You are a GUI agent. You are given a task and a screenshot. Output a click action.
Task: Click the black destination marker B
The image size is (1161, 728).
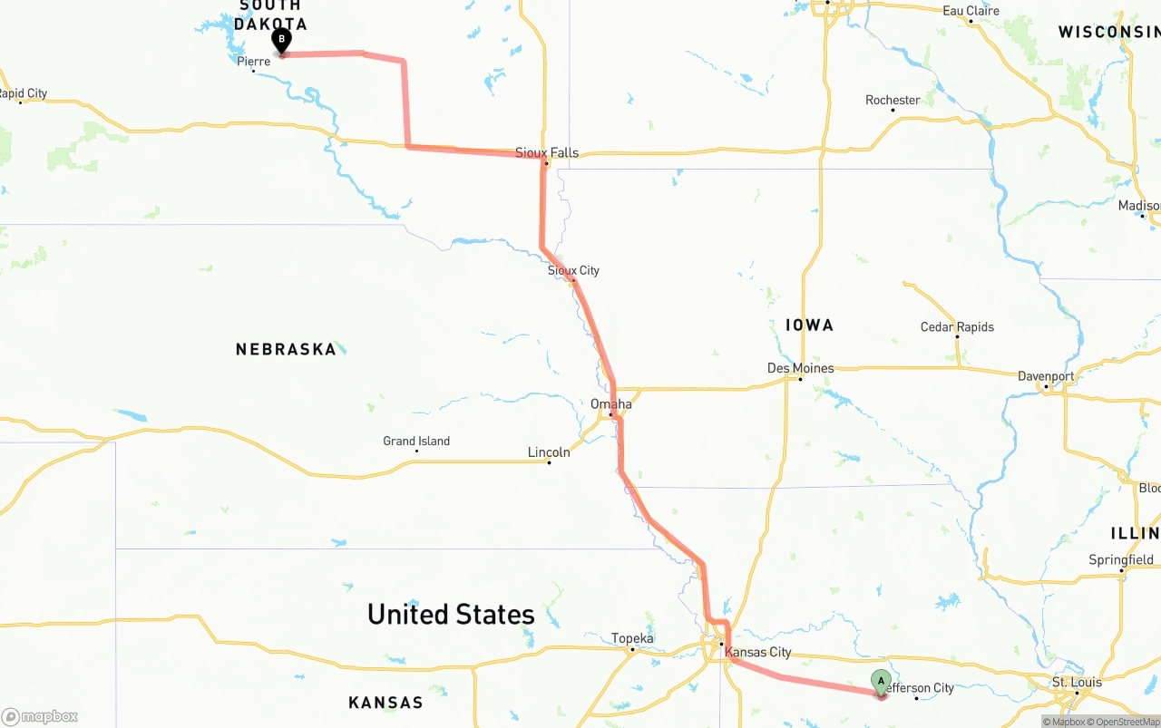point(281,40)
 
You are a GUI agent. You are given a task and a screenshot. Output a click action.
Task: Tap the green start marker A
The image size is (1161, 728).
point(881,681)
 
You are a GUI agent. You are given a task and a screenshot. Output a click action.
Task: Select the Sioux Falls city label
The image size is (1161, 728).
point(546,152)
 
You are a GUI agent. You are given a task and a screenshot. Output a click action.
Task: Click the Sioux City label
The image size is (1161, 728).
point(573,270)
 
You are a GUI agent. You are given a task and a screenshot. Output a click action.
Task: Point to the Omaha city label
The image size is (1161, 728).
point(611,403)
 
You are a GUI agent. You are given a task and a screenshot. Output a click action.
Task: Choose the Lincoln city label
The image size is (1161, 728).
point(549,451)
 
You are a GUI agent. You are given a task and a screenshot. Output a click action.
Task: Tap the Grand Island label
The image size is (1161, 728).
point(416,442)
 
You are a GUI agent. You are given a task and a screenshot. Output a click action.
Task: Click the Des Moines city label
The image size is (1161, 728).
point(800,368)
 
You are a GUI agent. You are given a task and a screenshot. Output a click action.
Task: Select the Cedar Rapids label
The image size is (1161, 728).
point(957,327)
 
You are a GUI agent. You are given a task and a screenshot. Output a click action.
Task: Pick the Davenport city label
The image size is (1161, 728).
point(1046,376)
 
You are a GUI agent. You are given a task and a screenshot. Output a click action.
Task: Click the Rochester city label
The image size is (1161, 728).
point(893,100)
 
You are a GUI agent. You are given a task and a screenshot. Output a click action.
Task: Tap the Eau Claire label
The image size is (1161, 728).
point(971,11)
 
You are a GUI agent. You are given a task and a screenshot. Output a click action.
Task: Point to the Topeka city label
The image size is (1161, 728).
point(632,638)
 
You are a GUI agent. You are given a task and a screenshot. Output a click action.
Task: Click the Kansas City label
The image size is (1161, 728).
point(758,652)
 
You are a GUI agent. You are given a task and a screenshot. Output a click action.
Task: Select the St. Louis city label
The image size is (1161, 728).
point(1077,682)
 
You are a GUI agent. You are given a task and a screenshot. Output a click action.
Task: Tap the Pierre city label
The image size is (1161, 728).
point(253,62)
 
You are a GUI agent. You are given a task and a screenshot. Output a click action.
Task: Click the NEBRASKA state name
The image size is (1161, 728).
point(286,349)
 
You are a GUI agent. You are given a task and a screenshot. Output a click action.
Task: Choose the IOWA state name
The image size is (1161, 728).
point(809,325)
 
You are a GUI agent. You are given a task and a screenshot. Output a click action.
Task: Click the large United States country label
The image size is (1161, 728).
point(451,615)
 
